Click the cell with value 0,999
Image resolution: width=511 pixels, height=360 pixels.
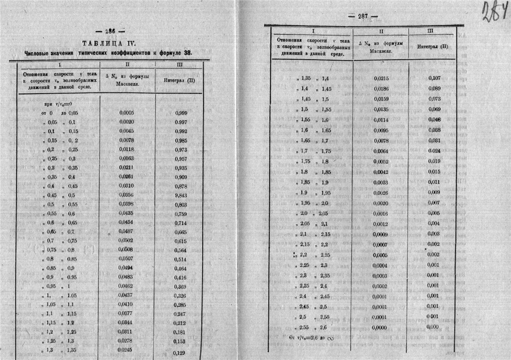181,113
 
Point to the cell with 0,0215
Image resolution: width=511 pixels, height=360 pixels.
380,78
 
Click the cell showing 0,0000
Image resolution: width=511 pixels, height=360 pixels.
380,327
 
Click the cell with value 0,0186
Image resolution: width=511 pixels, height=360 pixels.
380,88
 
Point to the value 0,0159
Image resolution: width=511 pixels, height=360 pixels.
380,99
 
